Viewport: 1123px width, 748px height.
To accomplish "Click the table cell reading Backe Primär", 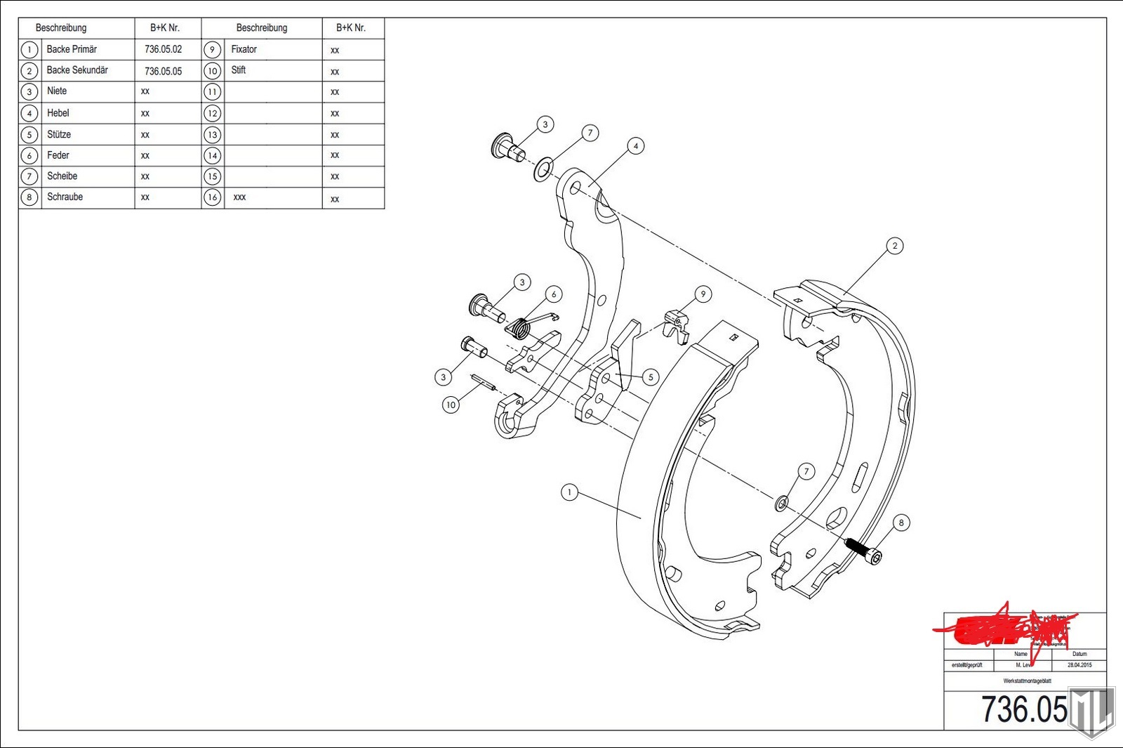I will pos(72,49).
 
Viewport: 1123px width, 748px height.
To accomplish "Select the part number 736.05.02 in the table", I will pos(163,49).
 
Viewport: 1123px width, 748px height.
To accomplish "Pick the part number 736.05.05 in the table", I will pos(163,71).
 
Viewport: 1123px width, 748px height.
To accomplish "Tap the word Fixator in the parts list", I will pos(244,49).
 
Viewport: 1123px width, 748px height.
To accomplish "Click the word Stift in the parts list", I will pos(239,70).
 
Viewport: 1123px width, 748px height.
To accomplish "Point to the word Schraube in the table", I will pos(65,197).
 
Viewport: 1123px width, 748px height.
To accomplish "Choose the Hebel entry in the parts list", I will pos(58,113).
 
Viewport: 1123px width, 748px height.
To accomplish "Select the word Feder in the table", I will pos(58,155).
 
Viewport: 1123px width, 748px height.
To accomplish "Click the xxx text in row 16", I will pos(239,197).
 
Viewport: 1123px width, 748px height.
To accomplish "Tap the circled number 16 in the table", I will pos(212,197).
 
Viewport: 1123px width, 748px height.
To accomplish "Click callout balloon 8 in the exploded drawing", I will pos(901,523).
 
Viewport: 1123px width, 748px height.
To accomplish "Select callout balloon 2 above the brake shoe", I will pos(894,246).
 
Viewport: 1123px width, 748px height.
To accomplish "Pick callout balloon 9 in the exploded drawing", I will pos(703,294).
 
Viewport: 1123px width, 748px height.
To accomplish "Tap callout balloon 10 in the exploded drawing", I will pos(451,405).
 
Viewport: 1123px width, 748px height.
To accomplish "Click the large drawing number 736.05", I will pos(1023,709).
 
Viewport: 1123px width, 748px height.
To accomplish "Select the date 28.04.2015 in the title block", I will pos(1079,665).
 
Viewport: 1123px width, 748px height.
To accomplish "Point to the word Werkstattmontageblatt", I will pos(1027,681).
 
